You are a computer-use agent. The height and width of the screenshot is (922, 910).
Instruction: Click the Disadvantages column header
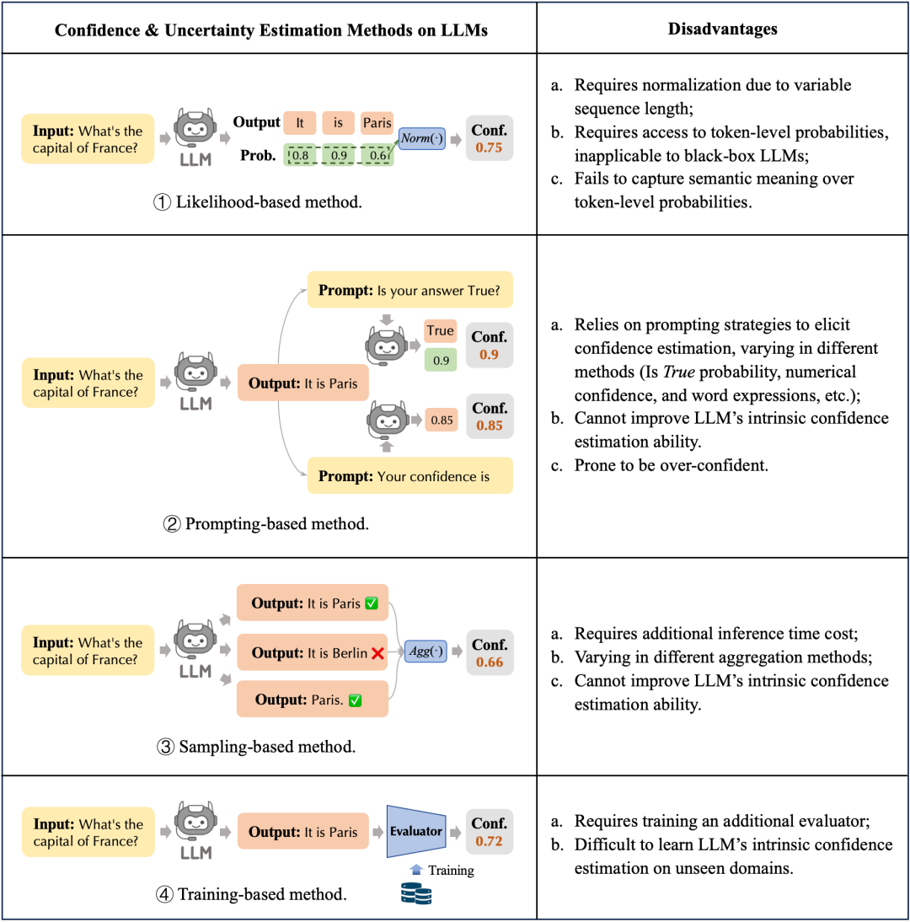pos(722,29)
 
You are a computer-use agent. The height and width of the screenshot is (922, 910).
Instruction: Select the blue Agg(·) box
pos(426,651)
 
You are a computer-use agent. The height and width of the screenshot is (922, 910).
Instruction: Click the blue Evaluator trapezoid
pos(415,831)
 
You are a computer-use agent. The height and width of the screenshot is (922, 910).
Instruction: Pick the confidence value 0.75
pos(490,148)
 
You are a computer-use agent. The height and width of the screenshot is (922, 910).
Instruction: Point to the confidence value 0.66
pos(490,662)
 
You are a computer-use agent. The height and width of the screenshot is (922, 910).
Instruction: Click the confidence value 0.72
pos(490,841)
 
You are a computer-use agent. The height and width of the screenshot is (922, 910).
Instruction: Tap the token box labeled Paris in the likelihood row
pos(377,123)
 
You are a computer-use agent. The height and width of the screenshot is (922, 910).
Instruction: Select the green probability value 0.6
pos(377,156)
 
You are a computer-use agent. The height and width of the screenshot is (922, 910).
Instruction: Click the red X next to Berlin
pos(378,652)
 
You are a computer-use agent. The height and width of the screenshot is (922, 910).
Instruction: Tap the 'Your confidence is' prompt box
pos(409,476)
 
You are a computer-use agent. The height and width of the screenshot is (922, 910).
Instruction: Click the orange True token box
pos(440,330)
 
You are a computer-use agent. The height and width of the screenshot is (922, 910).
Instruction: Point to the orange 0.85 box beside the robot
pos(442,419)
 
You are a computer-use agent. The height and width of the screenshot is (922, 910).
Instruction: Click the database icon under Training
pos(416,891)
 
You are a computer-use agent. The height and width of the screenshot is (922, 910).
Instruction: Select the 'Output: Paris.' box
pos(312,700)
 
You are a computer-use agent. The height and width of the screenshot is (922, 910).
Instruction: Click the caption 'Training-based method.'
pos(251,894)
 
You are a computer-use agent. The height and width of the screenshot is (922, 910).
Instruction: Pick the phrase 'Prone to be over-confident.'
pos(672,464)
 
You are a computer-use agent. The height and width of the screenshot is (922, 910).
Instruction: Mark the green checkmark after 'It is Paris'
pos(372,603)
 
